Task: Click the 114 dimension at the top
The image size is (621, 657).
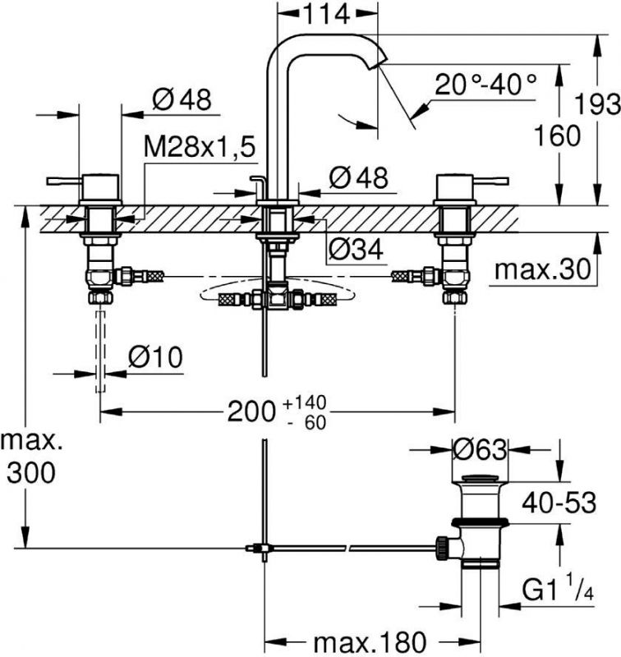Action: click(x=326, y=14)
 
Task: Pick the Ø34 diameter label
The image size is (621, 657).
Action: click(x=356, y=250)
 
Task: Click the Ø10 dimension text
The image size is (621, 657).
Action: click(x=155, y=357)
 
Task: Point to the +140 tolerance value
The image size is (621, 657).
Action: click(x=304, y=402)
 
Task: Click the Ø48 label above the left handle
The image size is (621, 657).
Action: click(x=182, y=99)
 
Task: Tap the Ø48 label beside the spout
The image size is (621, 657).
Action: click(x=357, y=177)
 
